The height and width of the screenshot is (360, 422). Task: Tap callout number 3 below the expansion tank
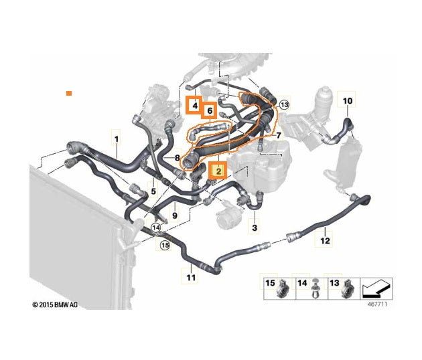254,228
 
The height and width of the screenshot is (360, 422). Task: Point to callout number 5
153,192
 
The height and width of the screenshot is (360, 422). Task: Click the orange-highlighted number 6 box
209,110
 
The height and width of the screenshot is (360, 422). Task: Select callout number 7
279,137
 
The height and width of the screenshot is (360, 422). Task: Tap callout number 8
177,158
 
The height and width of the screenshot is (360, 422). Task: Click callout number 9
174,215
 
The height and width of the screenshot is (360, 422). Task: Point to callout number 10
347,101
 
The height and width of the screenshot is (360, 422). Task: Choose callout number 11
191,277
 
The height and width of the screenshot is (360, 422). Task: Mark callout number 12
324,239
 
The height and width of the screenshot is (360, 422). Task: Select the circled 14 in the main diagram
156,228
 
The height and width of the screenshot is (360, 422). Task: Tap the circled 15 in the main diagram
164,246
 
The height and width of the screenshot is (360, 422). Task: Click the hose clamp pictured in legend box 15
284,287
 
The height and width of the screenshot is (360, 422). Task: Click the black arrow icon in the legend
375,289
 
